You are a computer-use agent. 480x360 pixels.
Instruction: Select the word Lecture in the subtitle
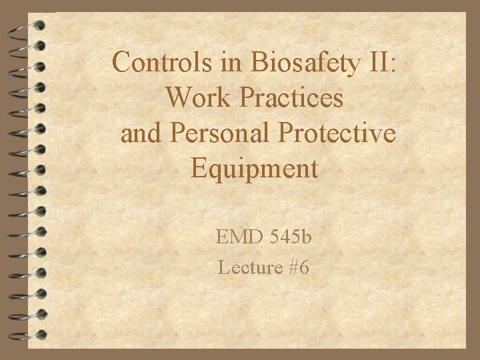coord(245,268)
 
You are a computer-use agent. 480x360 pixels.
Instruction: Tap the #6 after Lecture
coord(297,268)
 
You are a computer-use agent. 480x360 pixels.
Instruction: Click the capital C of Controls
coord(122,63)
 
